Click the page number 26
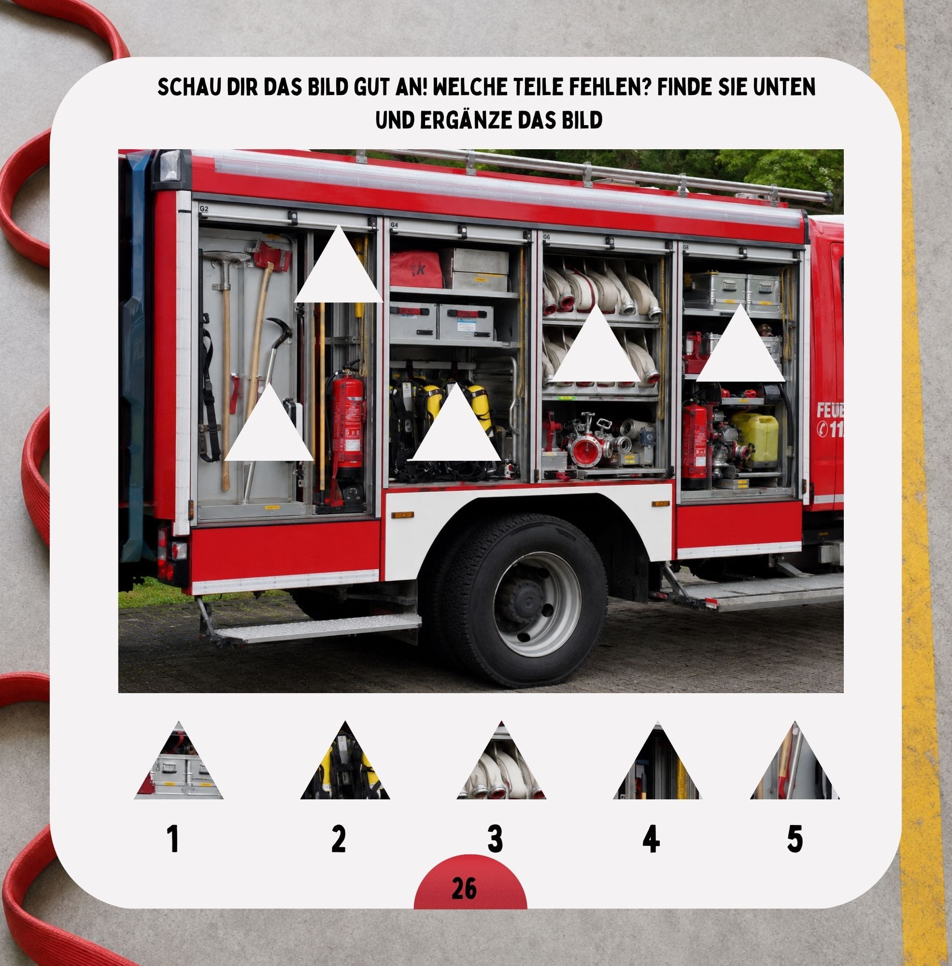coord(464,889)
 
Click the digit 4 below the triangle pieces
coord(651,838)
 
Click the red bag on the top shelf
coord(416,270)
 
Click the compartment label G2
coord(203,209)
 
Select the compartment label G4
coord(394,225)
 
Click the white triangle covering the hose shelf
coord(597,343)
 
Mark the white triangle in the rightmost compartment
coord(740,343)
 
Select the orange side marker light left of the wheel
coord(403,514)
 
